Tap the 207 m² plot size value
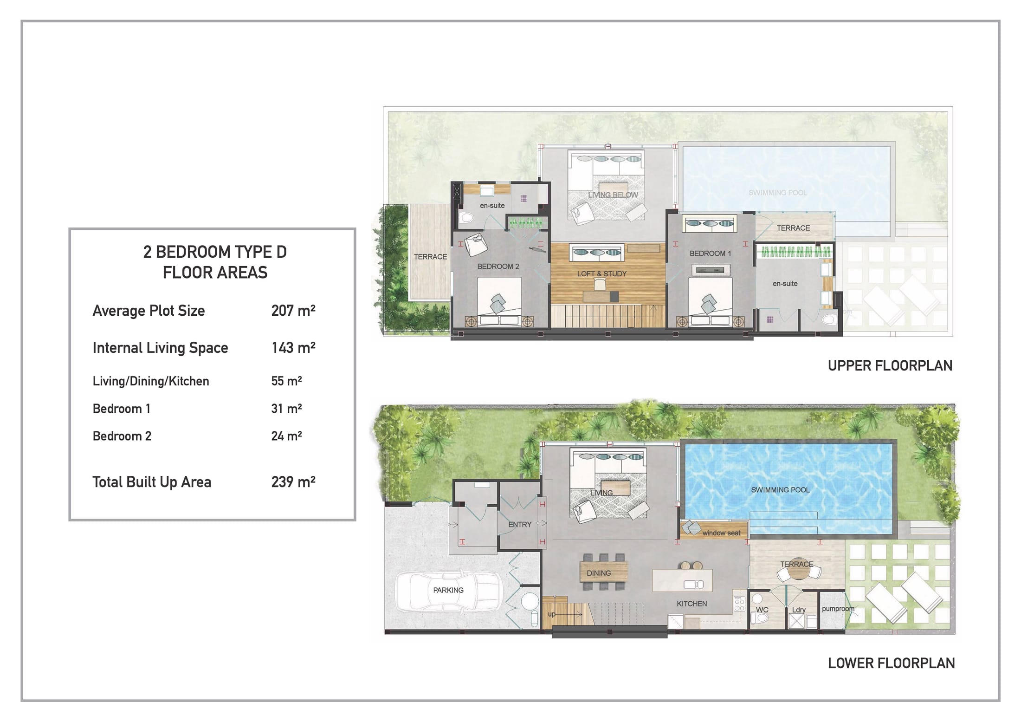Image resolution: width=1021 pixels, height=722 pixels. (293, 311)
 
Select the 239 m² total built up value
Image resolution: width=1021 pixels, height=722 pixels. (293, 482)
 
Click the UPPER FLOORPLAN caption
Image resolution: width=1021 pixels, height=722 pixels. (890, 366)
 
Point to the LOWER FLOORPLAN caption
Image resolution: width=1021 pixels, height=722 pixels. (891, 663)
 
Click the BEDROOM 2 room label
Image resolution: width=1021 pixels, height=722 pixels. (498, 267)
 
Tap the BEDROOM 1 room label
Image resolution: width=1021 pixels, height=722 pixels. (710, 254)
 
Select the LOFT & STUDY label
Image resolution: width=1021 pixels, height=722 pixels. (602, 274)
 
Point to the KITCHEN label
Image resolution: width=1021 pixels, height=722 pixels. (691, 604)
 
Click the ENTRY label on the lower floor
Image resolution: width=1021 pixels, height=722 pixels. (520, 525)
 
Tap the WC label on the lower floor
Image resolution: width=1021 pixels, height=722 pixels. (762, 610)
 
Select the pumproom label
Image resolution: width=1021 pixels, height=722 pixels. (838, 609)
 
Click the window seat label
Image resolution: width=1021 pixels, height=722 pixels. (721, 533)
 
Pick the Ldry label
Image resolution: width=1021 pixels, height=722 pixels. (799, 610)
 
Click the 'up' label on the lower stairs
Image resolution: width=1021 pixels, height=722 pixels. (552, 614)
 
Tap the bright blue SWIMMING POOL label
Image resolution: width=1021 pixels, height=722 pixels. (780, 490)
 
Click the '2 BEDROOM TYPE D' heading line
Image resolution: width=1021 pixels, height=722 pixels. (215, 252)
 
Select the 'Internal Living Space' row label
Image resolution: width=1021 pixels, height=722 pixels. (160, 348)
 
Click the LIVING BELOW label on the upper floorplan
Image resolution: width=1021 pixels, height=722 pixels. (613, 195)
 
